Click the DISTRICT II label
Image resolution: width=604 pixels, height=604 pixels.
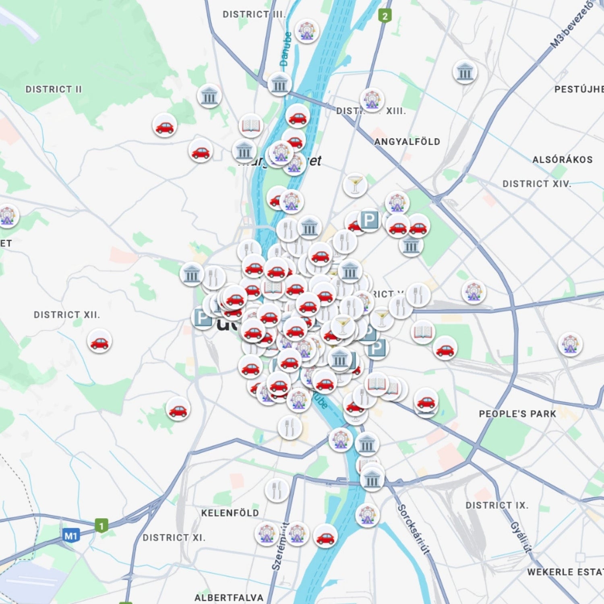pyautogui.click(x=54, y=89)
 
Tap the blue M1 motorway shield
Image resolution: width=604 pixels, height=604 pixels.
pyautogui.click(x=71, y=536)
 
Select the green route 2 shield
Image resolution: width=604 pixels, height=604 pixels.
pyautogui.click(x=385, y=16)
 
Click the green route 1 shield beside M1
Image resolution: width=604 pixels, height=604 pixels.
pyautogui.click(x=101, y=526)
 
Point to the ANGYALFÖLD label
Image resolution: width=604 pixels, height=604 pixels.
pyautogui.click(x=407, y=142)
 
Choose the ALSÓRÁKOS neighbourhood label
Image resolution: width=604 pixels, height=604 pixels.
pyautogui.click(x=562, y=160)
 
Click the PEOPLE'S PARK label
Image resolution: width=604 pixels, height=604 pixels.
pyautogui.click(x=517, y=414)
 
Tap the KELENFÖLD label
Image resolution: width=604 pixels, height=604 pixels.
pyautogui.click(x=230, y=513)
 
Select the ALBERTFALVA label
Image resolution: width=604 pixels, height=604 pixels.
pyautogui.click(x=229, y=598)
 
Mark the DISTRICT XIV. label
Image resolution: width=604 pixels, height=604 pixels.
pyautogui.click(x=537, y=184)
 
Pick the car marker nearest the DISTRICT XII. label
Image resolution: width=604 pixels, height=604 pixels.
pyautogui.click(x=99, y=341)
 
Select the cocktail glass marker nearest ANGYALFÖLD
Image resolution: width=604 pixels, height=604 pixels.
pyautogui.click(x=355, y=184)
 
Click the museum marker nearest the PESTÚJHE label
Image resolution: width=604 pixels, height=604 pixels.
pyautogui.click(x=465, y=72)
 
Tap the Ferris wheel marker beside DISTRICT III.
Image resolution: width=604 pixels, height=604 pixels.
pyautogui.click(x=306, y=31)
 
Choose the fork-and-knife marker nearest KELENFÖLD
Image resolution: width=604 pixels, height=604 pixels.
pyautogui.click(x=277, y=490)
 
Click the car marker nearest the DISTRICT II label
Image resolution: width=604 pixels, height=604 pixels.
pyautogui.click(x=164, y=126)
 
